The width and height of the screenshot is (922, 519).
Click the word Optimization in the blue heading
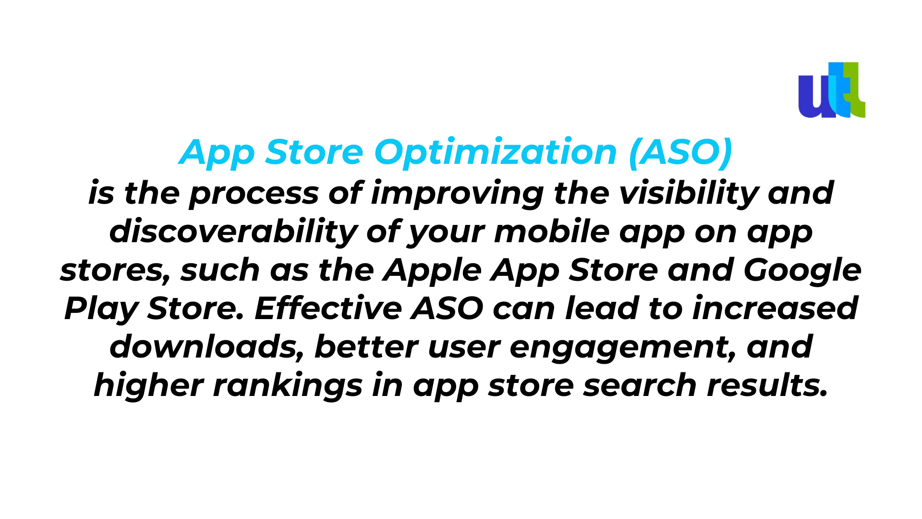(x=496, y=153)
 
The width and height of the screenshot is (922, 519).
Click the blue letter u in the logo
(x=814, y=96)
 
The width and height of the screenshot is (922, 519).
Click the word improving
(x=457, y=194)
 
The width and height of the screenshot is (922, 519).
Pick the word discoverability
(x=233, y=232)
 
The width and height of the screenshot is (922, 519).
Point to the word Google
(x=802, y=271)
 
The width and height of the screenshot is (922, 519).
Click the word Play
(x=101, y=309)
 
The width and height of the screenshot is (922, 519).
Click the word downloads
(x=207, y=347)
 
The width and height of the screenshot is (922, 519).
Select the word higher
(x=148, y=386)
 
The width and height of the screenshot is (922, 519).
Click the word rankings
(x=288, y=386)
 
